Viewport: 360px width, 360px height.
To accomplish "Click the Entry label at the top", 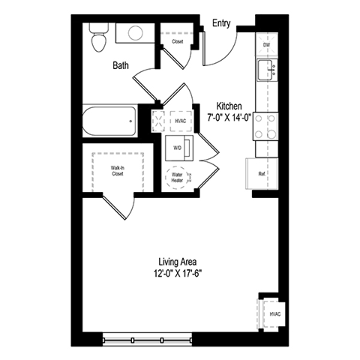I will coord(220,23).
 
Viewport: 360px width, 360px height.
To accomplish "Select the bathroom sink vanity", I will coord(136,32).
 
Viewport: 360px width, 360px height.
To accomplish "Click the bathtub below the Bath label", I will coord(109,120).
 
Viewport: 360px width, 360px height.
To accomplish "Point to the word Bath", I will coord(121,65).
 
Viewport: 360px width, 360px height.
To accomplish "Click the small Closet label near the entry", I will coord(178,41).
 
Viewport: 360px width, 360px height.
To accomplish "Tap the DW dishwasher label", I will coord(266,46).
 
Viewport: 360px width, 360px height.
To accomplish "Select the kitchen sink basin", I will coord(266,71).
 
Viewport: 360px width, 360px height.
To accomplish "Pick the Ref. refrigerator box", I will coord(261,174).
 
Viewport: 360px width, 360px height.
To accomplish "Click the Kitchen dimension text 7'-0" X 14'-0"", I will coord(228,118).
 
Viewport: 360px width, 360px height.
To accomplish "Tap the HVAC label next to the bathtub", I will coord(180,121).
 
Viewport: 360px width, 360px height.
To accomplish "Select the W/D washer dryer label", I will coord(178,148).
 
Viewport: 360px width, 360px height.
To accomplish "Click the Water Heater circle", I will coord(178,178).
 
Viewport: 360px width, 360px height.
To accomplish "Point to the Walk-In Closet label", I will coord(118,170).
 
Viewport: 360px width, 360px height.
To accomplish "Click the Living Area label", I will coord(178,261).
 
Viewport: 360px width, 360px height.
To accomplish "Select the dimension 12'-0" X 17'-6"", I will coord(178,273).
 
